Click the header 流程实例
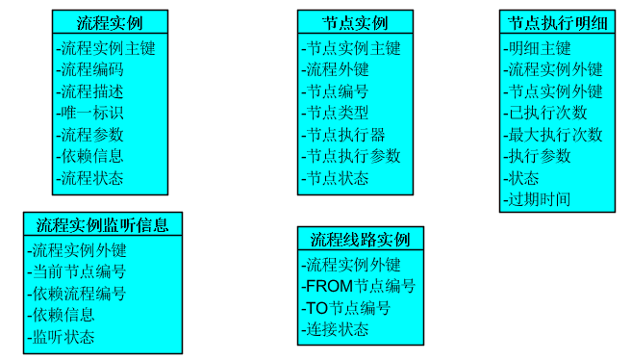coord(109,22)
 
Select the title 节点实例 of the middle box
coord(355,22)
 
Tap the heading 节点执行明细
coord(556,22)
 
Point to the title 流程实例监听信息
coord(102,225)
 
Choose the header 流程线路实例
coord(360,239)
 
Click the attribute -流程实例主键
coord(105,48)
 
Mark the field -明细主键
coord(537,48)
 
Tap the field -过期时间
coord(537,199)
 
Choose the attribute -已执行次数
coord(544,113)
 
